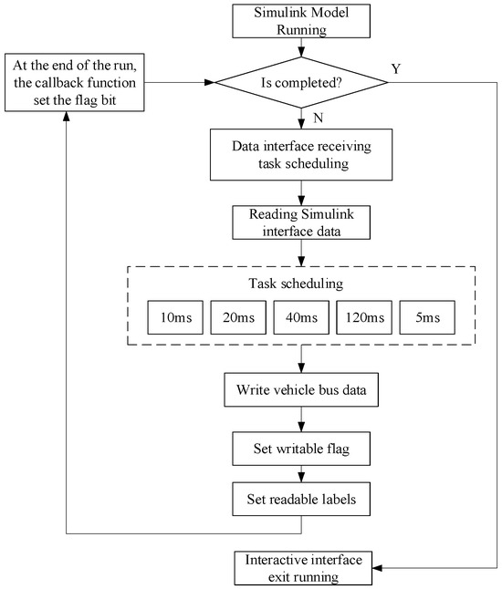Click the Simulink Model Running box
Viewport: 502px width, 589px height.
[301, 22]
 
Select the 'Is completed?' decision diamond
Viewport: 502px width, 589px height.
[301, 83]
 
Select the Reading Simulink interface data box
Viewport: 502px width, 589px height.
[301, 220]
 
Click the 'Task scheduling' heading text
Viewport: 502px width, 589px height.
[301, 283]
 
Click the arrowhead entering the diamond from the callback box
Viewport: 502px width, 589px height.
[211, 83]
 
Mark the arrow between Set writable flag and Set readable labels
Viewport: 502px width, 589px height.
[301, 472]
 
